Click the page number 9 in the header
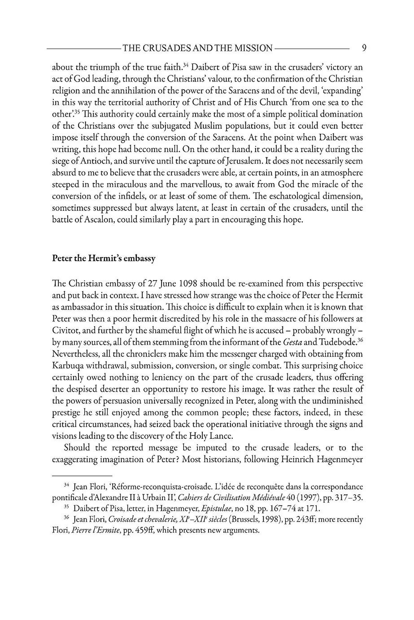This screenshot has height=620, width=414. pyautogui.click(x=364, y=48)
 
